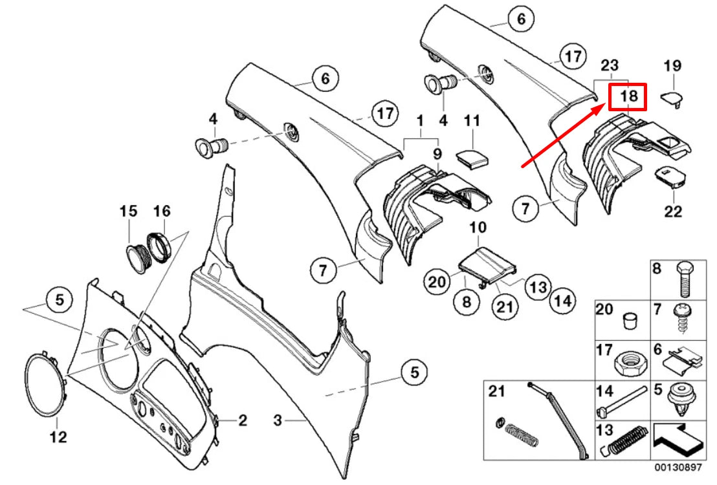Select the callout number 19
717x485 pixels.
(x=673, y=65)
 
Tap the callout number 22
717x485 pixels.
(x=674, y=211)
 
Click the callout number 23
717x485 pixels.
(x=610, y=65)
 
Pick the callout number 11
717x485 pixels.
(x=472, y=120)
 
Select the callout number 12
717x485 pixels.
(x=58, y=437)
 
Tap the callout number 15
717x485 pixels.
(x=128, y=211)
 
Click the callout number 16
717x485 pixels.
(x=161, y=211)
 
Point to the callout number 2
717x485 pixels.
(x=242, y=421)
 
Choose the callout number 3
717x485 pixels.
(x=278, y=421)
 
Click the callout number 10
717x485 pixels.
(x=477, y=227)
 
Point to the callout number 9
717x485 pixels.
(x=437, y=155)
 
